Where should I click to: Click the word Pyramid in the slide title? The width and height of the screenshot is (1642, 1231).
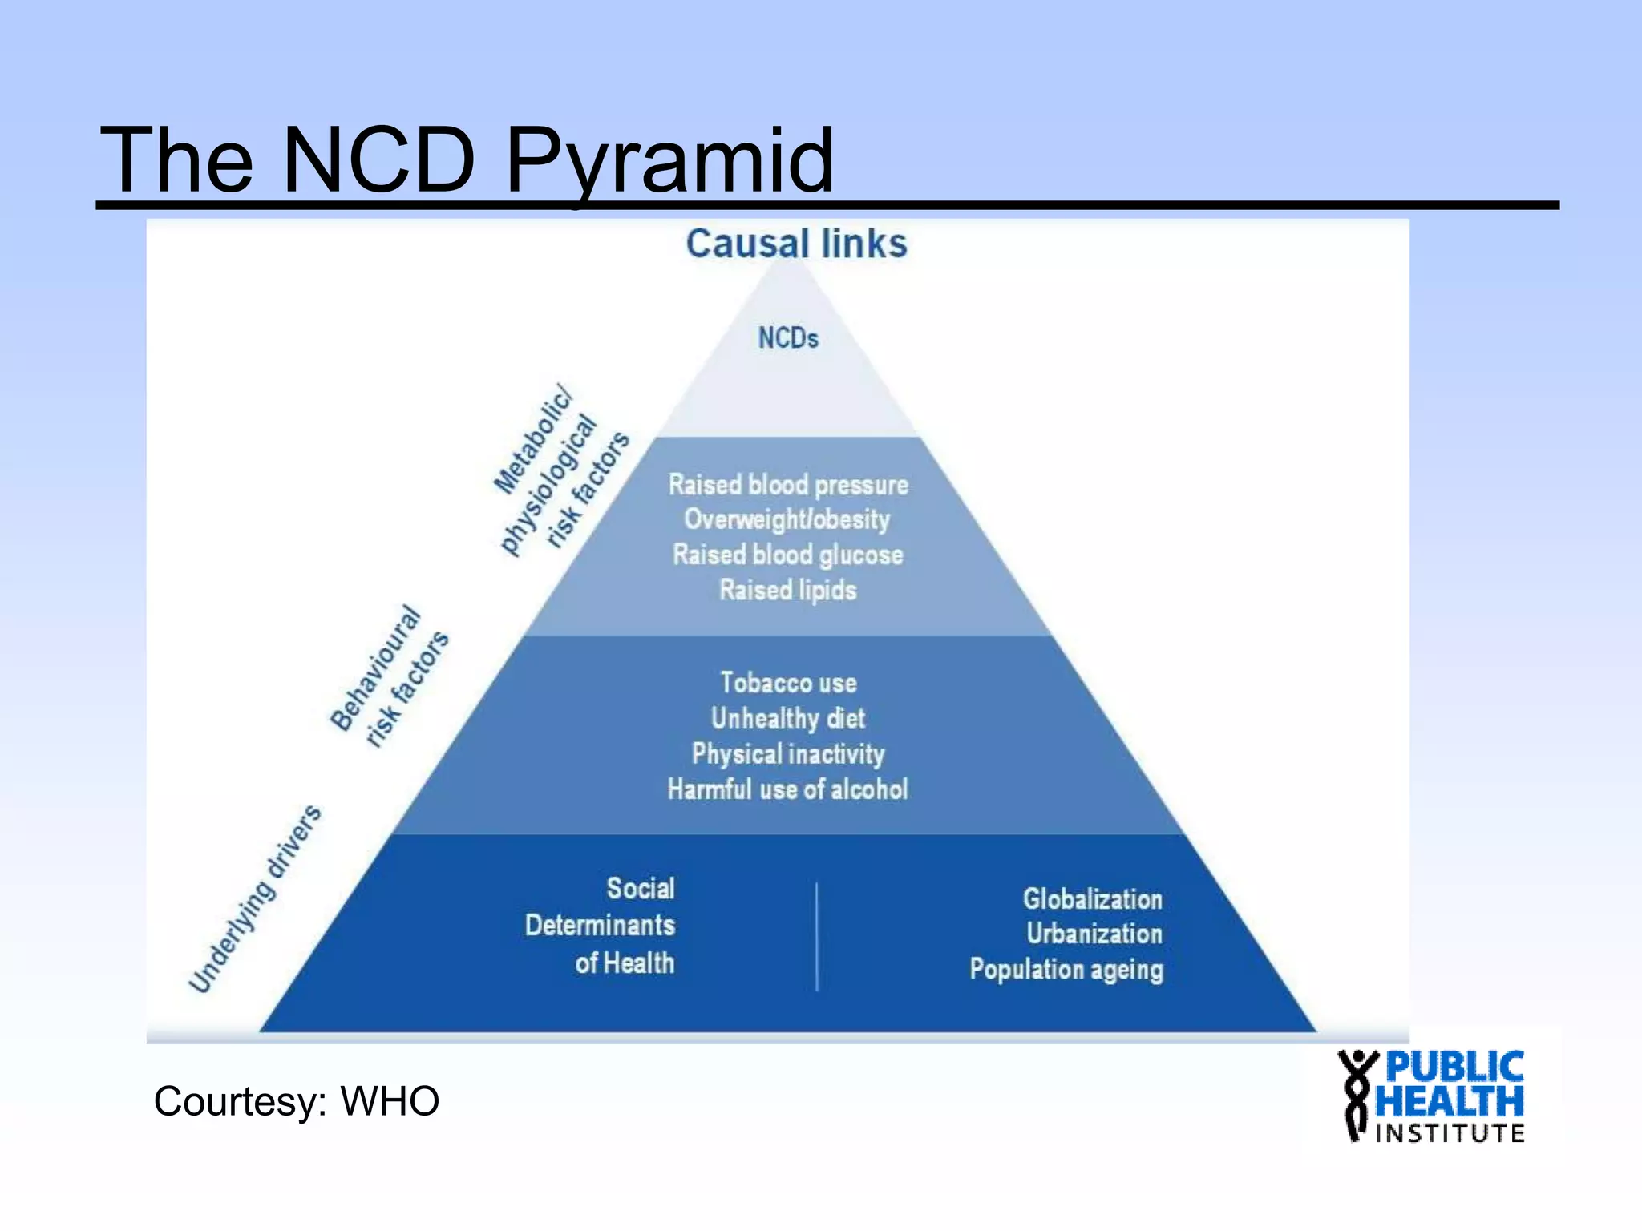[669, 162]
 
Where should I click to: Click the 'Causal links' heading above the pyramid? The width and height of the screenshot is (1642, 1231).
[796, 244]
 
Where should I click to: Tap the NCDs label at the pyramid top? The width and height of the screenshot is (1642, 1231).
[788, 338]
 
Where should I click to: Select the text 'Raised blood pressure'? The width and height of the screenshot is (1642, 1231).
[788, 485]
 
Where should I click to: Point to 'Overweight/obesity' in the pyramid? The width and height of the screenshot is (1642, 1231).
[787, 519]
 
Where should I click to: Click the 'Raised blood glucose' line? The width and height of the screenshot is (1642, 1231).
[787, 555]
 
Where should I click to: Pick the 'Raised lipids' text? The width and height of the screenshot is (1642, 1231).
[787, 590]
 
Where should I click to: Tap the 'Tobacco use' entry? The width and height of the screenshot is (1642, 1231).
[788, 683]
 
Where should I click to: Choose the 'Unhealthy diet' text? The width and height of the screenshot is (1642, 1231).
[787, 718]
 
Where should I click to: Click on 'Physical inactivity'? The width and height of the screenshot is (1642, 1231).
[787, 753]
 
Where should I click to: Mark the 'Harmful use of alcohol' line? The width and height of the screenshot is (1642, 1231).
[787, 789]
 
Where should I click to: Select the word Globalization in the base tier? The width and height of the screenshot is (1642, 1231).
[1092, 899]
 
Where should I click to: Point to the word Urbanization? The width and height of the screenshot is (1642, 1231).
[1094, 934]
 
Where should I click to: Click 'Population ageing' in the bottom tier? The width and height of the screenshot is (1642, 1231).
[1066, 970]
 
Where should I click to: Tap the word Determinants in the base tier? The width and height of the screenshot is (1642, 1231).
[600, 926]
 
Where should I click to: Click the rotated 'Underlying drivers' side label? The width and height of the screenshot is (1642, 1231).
[255, 899]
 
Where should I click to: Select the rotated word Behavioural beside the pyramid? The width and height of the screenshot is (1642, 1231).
[374, 668]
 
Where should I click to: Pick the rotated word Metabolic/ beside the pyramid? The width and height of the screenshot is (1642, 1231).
[533, 439]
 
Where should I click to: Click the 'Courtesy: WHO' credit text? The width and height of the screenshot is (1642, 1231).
[296, 1101]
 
